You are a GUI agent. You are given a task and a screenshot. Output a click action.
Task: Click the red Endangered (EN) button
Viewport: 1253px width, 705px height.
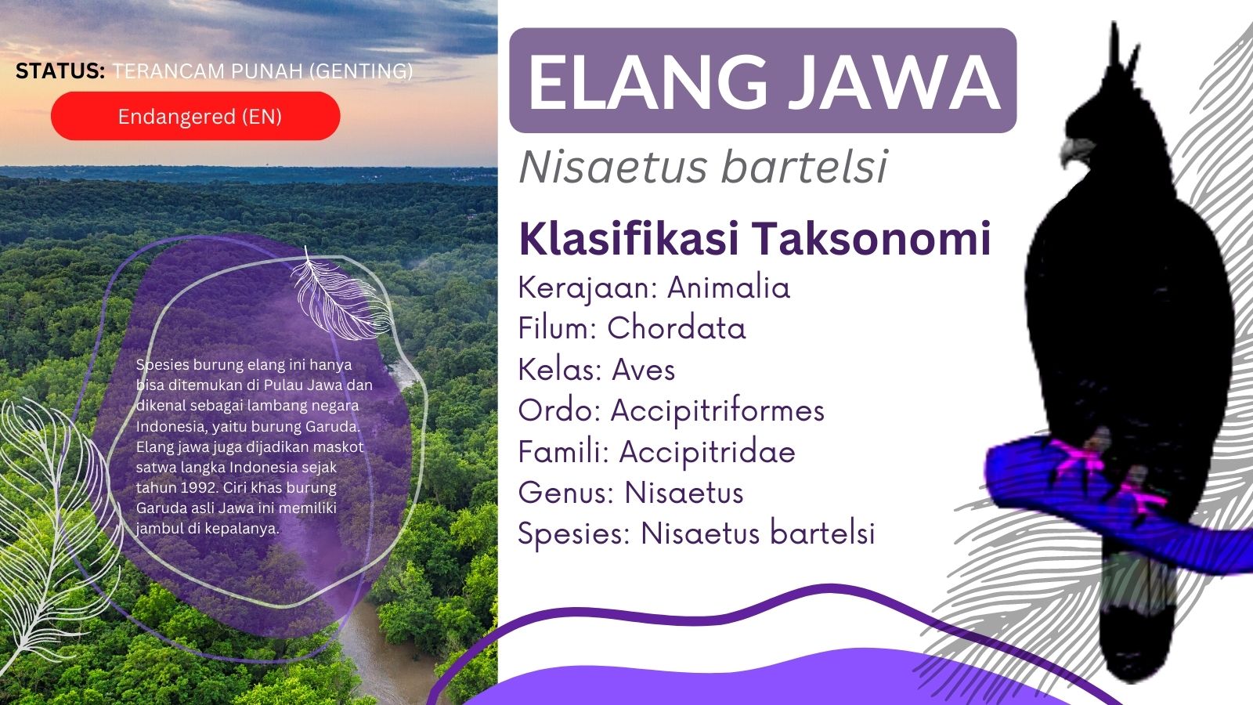point(196,116)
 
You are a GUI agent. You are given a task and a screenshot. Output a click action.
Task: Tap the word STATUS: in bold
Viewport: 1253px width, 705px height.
point(60,71)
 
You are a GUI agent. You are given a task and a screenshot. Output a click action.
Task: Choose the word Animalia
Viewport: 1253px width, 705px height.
point(728,287)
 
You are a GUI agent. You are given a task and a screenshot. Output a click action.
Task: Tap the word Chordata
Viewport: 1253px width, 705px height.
point(677,328)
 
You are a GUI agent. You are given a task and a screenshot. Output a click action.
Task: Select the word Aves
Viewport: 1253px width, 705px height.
point(644,370)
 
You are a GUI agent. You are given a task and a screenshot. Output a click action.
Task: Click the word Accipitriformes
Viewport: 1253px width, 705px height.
point(717,410)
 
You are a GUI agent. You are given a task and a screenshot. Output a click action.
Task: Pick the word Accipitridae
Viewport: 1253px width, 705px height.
point(707,452)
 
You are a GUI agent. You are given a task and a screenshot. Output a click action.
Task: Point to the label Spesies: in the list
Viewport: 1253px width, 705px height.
point(574,534)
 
